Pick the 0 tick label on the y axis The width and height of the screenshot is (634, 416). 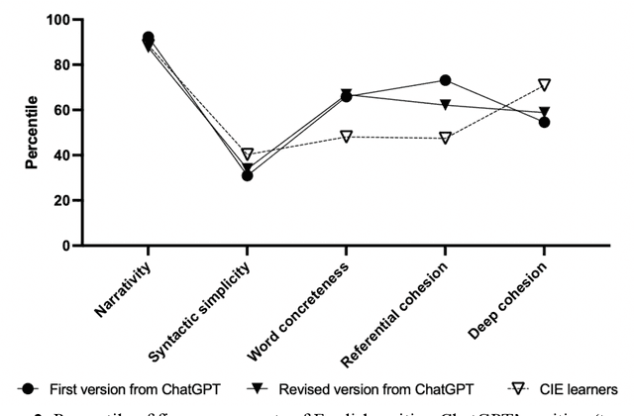(x=65, y=246)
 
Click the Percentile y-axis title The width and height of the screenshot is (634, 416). (x=32, y=133)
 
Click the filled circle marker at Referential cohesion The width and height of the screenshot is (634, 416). (x=445, y=80)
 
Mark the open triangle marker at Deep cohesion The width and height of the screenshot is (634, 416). (x=544, y=85)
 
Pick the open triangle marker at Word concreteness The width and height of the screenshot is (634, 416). (x=346, y=136)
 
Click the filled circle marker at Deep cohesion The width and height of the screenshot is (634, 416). (x=544, y=122)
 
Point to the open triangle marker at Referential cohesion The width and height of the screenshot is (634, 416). (x=445, y=138)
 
